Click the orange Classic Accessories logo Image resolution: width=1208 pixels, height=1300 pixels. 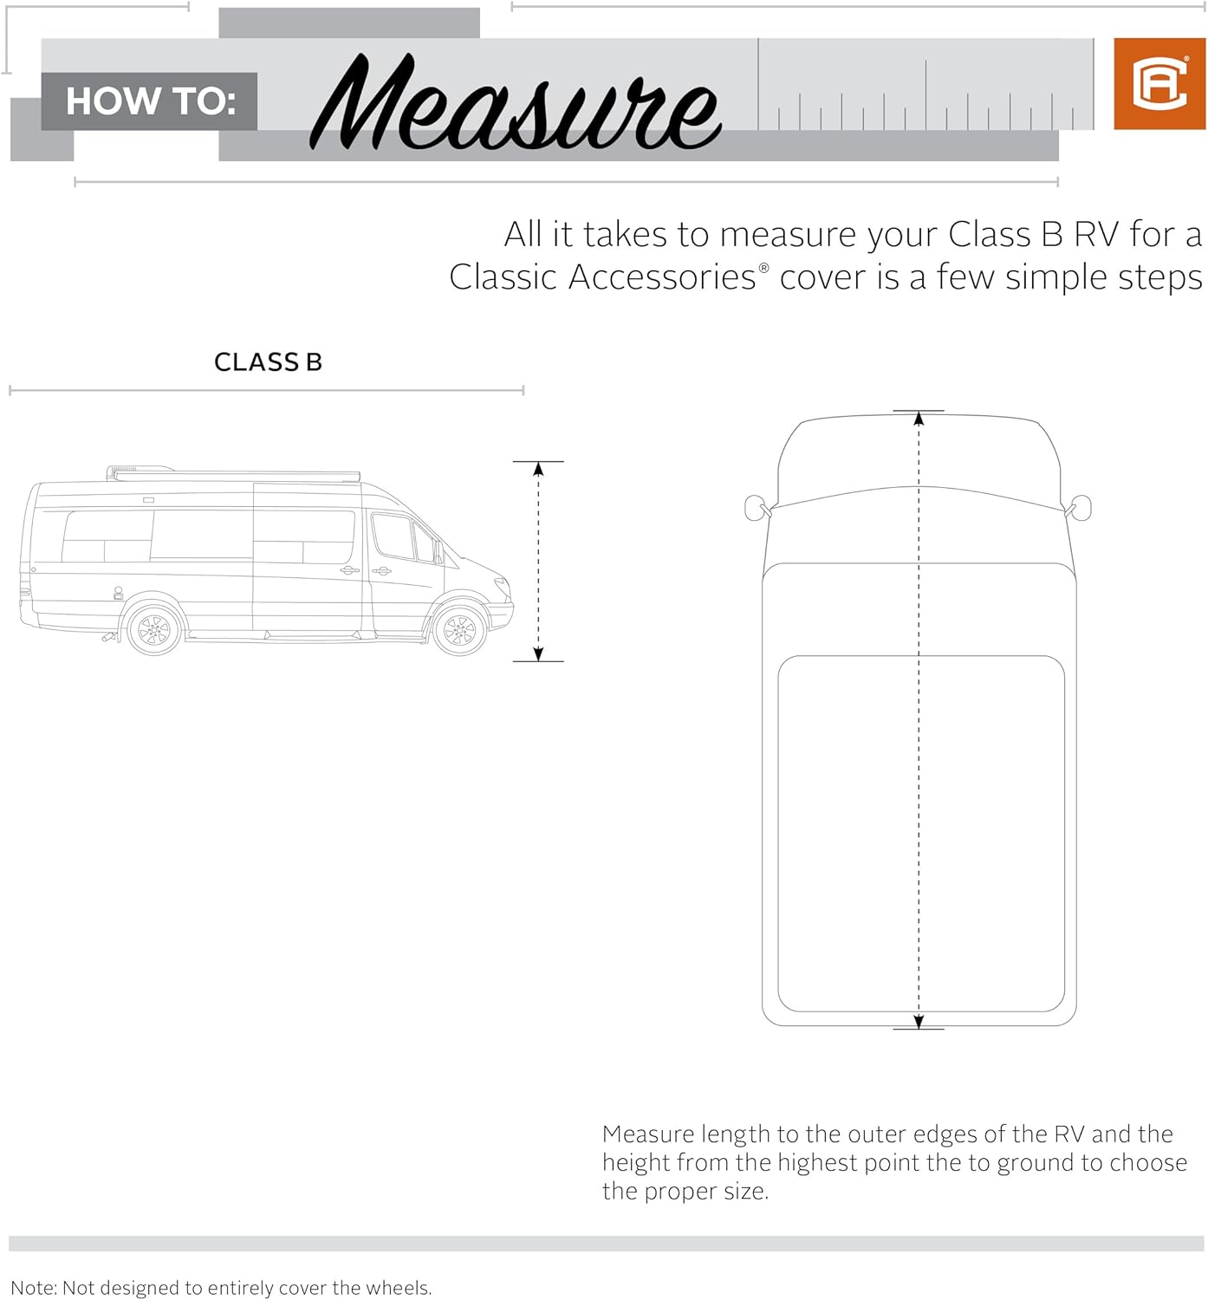click(1159, 84)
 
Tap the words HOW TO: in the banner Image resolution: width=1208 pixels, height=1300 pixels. click(151, 101)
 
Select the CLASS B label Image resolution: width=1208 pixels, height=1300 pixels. click(268, 362)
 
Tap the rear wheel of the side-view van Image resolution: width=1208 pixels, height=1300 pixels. click(154, 627)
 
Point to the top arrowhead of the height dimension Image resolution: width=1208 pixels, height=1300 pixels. click(538, 470)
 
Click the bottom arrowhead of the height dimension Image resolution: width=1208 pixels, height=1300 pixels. click(538, 653)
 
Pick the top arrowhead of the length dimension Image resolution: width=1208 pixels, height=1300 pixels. click(919, 419)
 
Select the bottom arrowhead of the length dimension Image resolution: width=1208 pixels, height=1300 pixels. click(919, 1022)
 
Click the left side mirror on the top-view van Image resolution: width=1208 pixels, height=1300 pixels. click(755, 508)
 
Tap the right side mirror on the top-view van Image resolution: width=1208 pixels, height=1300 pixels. click(1081, 508)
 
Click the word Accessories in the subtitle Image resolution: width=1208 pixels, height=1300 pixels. click(662, 278)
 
